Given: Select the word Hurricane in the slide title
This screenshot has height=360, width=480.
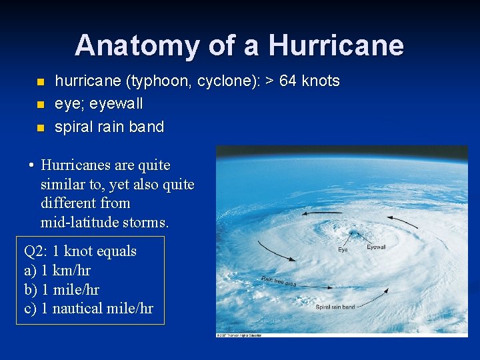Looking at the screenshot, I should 336,46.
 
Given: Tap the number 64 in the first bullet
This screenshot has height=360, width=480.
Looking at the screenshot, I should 288,81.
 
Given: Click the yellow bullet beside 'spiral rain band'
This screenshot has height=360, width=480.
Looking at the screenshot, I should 40,127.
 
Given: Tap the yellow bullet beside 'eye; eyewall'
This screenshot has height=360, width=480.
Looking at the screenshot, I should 40,105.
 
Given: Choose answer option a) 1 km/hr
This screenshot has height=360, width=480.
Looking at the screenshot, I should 57,271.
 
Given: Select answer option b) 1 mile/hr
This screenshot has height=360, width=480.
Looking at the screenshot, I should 61,289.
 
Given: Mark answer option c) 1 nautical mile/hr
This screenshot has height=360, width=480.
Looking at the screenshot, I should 89,309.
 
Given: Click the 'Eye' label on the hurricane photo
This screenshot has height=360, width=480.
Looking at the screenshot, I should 342,250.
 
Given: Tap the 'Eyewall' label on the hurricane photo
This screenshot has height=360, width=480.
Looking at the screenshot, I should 376,247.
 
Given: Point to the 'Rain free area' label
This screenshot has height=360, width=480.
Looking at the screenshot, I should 279,281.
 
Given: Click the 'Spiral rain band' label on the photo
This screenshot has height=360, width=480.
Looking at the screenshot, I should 335,307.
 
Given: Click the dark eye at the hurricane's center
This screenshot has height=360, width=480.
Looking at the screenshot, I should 351,235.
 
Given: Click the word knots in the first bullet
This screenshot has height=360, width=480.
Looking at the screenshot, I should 321,81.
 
